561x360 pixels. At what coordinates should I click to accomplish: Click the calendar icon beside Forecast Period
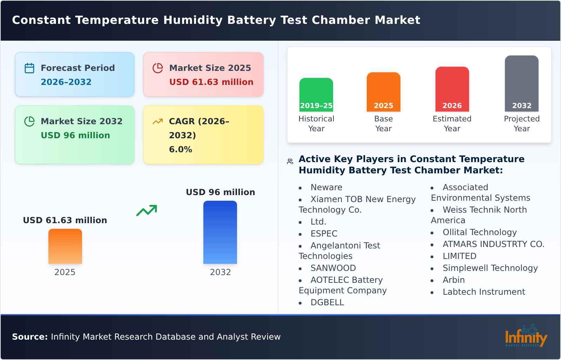coord(29,68)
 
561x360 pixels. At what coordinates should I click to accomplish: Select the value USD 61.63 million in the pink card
coord(211,82)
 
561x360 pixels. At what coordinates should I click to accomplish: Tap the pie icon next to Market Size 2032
coord(29,121)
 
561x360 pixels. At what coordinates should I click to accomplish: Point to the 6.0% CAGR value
coord(181,149)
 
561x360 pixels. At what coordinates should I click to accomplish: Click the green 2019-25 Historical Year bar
coord(316,95)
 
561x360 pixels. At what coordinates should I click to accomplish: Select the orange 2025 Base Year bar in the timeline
coord(383,92)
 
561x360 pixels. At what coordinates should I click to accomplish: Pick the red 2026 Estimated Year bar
coord(452,89)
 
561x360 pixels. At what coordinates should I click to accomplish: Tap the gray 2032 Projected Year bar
coord(521,84)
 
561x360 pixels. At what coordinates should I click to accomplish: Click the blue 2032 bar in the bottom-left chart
coord(220,232)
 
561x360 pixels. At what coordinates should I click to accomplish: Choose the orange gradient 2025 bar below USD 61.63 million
coord(65,246)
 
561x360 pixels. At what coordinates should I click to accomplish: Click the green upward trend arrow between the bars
coord(147,210)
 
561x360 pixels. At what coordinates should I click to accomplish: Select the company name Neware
coord(326,187)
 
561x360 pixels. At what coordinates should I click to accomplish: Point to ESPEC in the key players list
coord(324,234)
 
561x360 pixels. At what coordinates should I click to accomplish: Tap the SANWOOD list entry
coord(333,268)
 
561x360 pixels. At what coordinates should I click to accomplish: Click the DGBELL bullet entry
coord(327,302)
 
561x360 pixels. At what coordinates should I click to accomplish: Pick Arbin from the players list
coord(453,280)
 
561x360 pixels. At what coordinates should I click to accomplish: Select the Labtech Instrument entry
coord(484,292)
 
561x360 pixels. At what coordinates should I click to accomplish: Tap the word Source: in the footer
coord(30,337)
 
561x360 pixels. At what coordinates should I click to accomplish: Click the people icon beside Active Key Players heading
coord(290,161)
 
